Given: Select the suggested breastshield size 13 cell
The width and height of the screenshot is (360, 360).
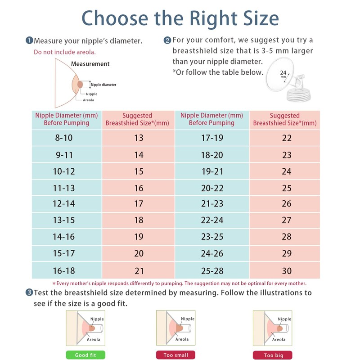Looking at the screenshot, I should point(139,138).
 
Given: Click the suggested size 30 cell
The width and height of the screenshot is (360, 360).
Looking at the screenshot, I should point(287,270).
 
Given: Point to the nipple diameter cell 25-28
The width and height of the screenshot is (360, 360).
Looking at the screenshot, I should point(212,270).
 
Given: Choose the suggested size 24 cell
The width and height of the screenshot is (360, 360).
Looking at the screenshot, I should point(287,171).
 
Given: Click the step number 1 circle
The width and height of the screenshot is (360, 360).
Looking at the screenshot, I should point(29,40).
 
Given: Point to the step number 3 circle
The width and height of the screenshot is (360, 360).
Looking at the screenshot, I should point(29,292).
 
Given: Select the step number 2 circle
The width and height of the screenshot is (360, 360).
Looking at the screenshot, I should point(167,40).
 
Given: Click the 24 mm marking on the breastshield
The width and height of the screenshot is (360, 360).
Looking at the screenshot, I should point(283,73).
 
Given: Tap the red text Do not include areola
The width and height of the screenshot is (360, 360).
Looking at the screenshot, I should point(65,52).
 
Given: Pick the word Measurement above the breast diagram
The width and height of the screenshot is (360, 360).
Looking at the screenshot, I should point(90,64).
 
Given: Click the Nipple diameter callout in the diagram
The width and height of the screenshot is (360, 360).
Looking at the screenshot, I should point(103,85).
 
